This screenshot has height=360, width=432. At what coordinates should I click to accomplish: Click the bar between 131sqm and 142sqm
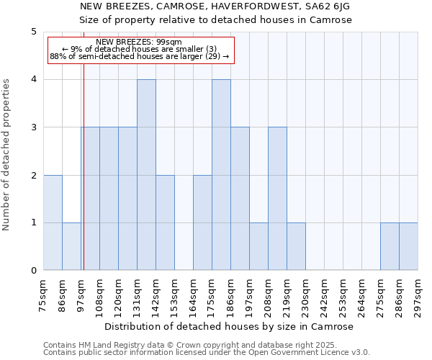[146, 175]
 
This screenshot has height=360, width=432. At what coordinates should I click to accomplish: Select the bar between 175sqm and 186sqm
[221, 175]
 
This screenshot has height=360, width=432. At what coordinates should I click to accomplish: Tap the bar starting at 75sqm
[53, 222]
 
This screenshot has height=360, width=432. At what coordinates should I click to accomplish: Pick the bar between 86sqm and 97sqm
[71, 246]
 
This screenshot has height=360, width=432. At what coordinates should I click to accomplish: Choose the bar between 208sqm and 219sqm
[277, 199]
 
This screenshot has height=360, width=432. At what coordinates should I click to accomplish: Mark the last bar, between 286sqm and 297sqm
[408, 246]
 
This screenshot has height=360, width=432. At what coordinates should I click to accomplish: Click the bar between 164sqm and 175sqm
[202, 222]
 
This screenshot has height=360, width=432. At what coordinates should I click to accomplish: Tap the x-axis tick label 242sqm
[325, 294]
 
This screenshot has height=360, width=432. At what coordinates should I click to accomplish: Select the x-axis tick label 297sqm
[418, 294]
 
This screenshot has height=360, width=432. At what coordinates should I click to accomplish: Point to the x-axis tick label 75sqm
[44, 294]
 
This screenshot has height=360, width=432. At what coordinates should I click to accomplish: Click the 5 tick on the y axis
[34, 32]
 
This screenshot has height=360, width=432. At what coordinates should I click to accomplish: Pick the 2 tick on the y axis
[34, 175]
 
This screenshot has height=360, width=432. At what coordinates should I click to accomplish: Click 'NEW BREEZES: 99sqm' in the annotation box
[138, 42]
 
